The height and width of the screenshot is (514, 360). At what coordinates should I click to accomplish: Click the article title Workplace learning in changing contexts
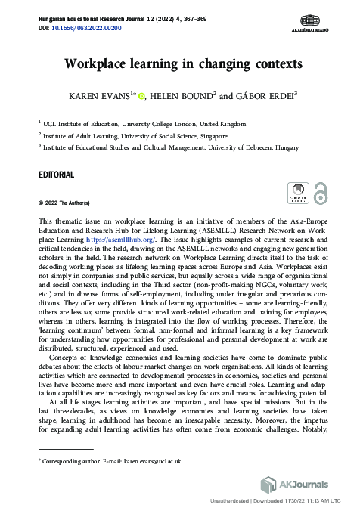pos(182,63)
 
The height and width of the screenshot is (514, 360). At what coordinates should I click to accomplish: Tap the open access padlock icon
pos(321,192)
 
